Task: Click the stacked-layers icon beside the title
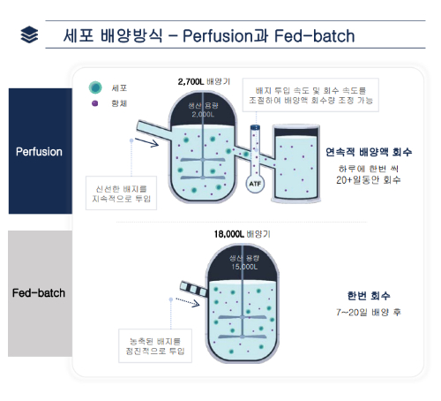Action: point(29,36)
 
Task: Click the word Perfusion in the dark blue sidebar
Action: point(39,151)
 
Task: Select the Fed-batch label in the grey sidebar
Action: point(39,292)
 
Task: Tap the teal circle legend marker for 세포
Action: point(94,88)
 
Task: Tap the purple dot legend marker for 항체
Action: point(94,104)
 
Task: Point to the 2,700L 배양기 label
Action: point(204,81)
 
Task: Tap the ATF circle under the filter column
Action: point(255,184)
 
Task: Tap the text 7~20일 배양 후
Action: point(368,313)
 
